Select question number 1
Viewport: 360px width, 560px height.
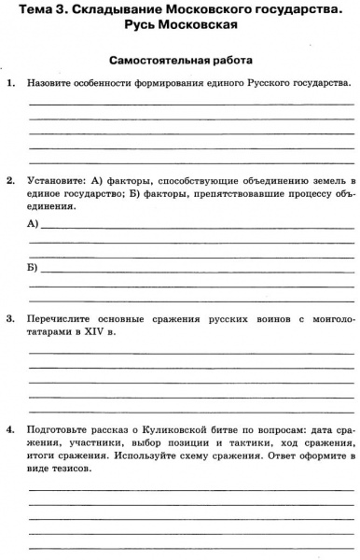coord(9,83)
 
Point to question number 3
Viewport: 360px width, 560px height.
coord(9,318)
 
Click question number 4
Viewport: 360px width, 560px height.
coord(9,430)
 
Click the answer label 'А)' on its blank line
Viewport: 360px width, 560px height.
coord(34,225)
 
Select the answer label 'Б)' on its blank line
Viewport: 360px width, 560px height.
coord(34,268)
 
